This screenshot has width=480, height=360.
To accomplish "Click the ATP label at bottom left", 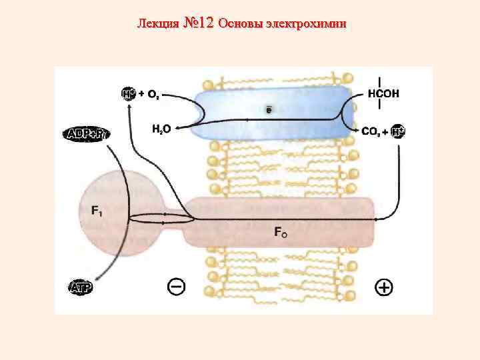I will (x=81, y=288).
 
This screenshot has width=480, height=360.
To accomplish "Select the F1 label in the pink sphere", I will (x=97, y=211).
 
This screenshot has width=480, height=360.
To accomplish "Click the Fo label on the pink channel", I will (x=280, y=232).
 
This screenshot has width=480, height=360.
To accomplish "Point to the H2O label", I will (x=161, y=129).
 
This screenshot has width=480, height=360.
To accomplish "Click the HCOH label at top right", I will (x=383, y=94).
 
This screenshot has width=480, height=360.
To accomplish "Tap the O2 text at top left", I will (x=153, y=95).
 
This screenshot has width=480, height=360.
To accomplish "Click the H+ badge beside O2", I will (x=129, y=94).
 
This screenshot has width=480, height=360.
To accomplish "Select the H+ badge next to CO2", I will (x=397, y=131).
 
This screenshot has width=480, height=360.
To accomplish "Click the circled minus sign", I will (x=175, y=287).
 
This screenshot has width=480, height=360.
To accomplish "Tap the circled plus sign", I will (x=384, y=287).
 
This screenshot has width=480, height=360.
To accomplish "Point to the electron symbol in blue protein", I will (x=268, y=109).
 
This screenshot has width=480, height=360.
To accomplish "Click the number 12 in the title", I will (x=205, y=24).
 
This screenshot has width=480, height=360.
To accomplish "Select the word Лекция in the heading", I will (x=157, y=24).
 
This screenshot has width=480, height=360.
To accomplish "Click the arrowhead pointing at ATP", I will (x=96, y=279).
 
